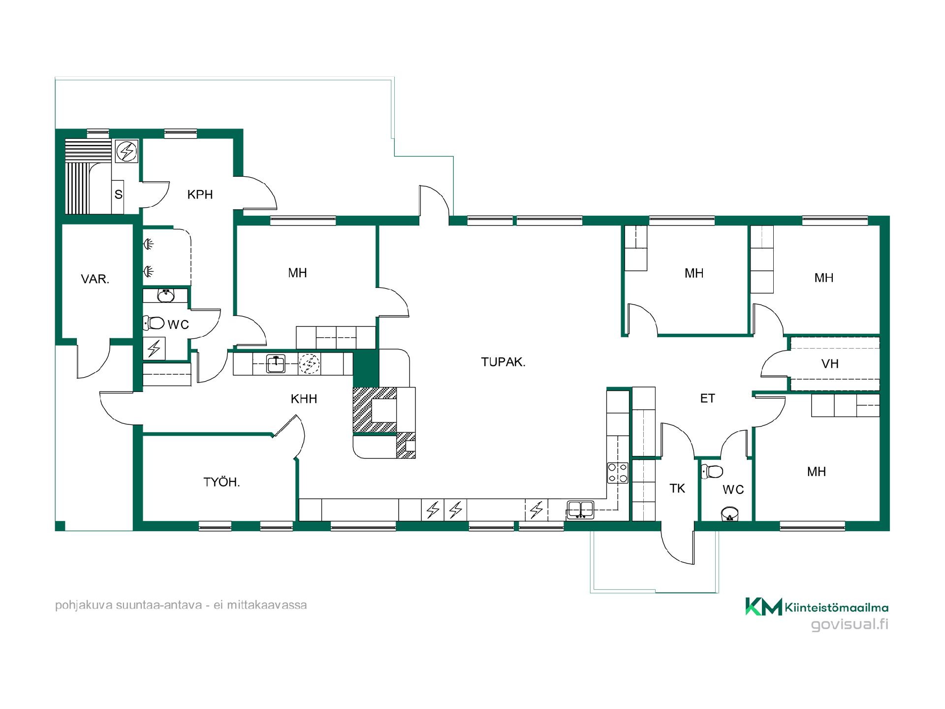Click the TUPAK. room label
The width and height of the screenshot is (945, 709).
point(503,362)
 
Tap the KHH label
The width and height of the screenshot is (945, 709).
point(304,399)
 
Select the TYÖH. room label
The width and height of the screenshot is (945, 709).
point(221,482)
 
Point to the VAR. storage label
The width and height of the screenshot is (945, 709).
point(95,279)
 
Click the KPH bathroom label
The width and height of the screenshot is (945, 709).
point(200,194)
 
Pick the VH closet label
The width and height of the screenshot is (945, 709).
point(830,364)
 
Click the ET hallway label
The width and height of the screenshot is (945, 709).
point(707,398)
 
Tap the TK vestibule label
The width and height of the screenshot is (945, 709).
point(677,488)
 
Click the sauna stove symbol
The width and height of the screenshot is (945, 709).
point(126,151)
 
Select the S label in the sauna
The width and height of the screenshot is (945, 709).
point(118,194)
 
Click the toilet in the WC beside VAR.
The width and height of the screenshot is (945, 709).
point(154,323)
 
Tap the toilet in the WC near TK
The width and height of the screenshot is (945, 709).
point(712,471)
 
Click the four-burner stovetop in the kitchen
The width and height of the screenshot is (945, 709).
point(618,473)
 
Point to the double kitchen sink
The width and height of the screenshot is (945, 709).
point(581,510)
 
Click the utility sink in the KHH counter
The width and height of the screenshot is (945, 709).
point(276,364)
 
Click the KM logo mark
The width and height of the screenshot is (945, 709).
point(763,606)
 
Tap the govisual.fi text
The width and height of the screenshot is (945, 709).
point(850,625)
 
